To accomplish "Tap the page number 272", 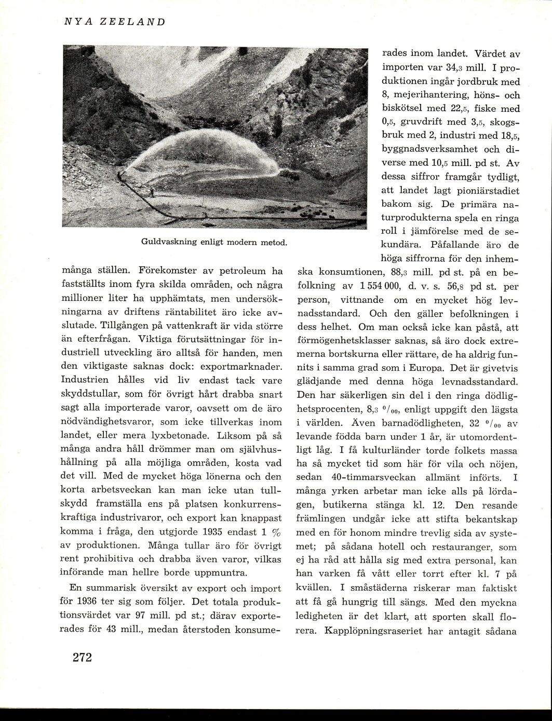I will tap(82, 657).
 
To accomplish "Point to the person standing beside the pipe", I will tap(152, 191).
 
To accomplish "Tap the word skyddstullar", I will tap(96, 393).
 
